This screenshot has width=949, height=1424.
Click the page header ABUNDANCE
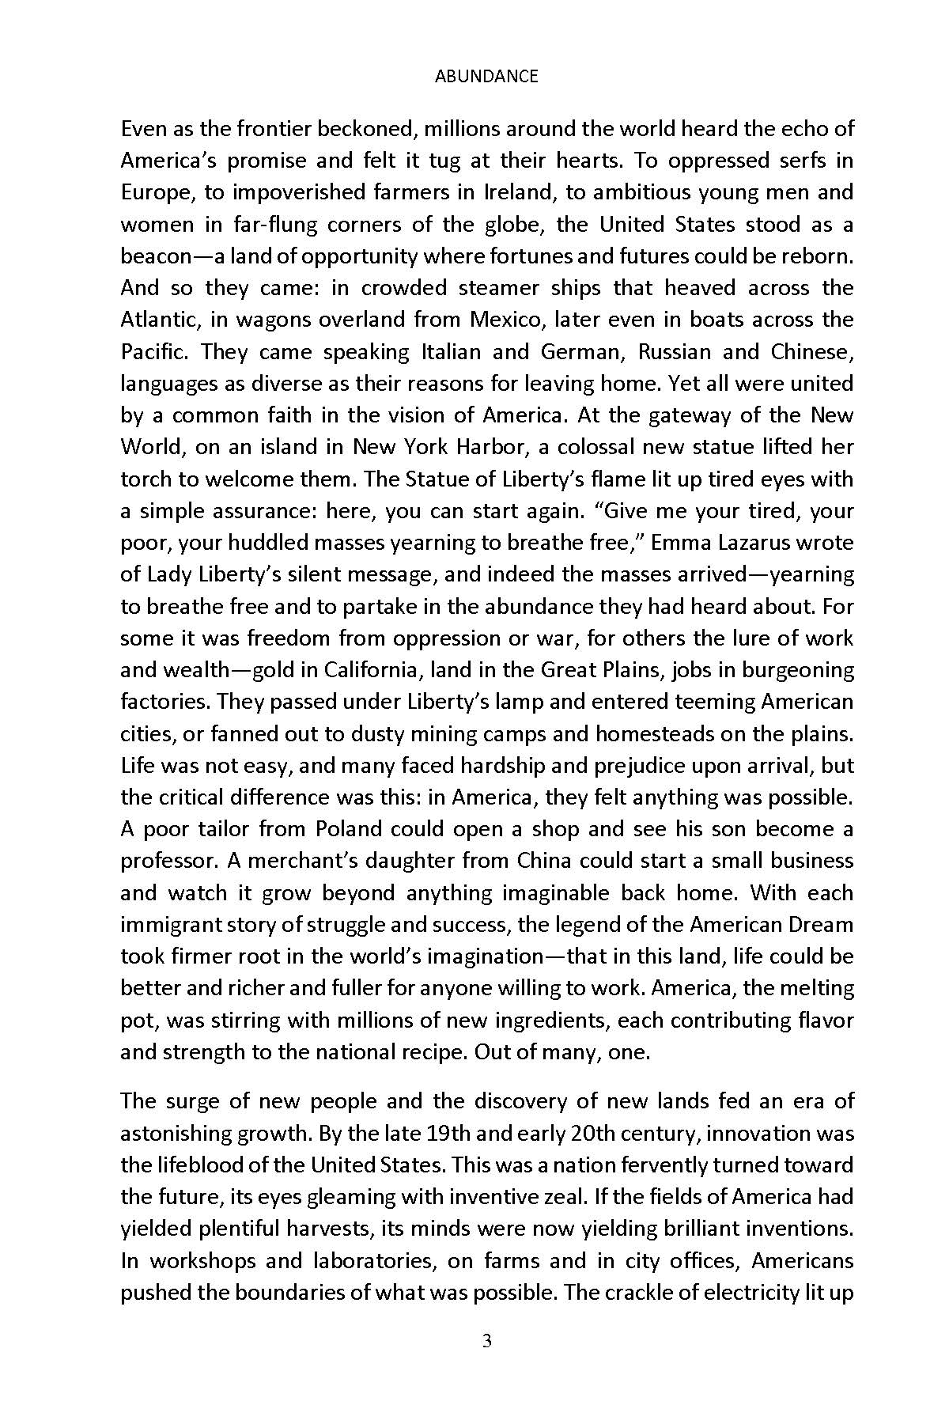point(486,76)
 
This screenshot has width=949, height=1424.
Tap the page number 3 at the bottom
point(487,1341)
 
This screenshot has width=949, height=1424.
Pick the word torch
point(142,479)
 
